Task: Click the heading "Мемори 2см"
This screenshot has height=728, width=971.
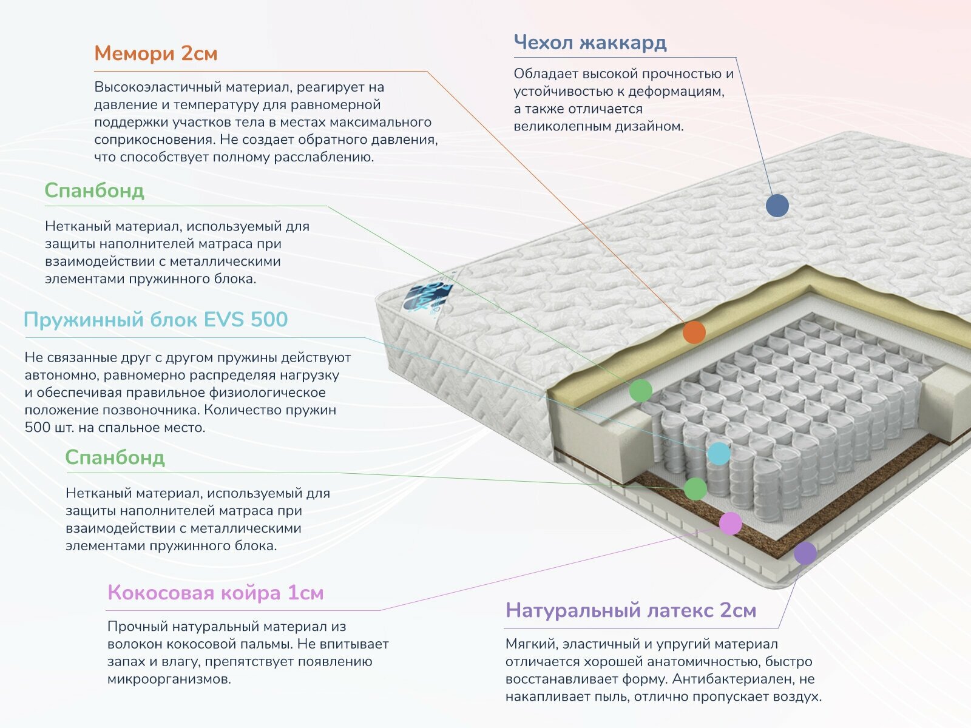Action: click(155, 53)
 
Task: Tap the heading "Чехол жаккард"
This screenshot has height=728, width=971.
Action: click(590, 42)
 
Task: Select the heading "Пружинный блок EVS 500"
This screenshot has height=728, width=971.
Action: click(155, 320)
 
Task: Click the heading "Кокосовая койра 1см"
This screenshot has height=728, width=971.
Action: click(215, 592)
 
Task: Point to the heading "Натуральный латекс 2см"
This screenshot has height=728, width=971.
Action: click(631, 610)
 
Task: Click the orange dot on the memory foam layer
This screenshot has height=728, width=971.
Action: click(694, 332)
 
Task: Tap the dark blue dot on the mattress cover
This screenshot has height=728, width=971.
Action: click(777, 206)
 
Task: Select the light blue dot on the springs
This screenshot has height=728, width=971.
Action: click(719, 453)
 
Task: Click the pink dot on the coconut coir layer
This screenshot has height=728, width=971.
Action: click(730, 523)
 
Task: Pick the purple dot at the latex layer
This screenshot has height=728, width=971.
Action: click(805, 553)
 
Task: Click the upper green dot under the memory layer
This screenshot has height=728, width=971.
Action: click(640, 391)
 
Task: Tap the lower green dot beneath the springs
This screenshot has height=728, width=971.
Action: click(695, 489)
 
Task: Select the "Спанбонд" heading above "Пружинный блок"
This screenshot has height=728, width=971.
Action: click(94, 190)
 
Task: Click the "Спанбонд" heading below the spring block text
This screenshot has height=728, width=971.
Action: click(115, 457)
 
